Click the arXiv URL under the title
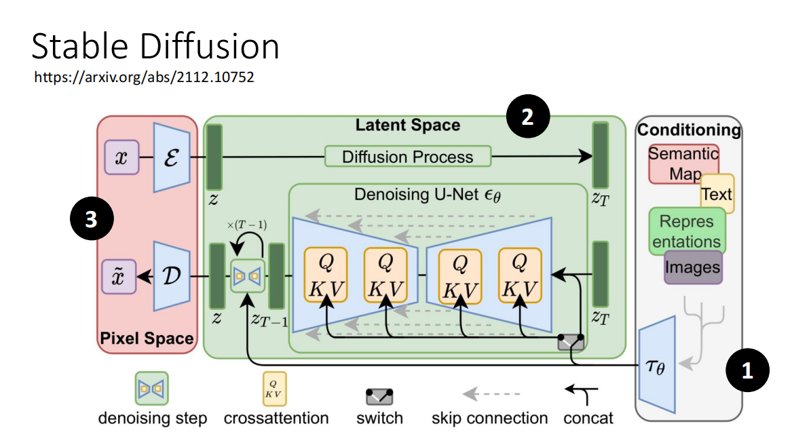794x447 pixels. coord(144,77)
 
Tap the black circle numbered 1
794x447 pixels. coord(747,371)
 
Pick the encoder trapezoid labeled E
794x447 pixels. coord(171,157)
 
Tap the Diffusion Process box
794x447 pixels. coord(407,157)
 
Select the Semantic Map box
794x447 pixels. coord(682,162)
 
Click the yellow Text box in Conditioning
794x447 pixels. coord(717,195)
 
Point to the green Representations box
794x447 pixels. coord(685,231)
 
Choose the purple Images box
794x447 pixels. coord(692,267)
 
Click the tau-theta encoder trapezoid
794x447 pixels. coord(657,365)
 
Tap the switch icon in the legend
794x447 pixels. coord(379,396)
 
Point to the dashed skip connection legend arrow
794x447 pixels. coord(490,393)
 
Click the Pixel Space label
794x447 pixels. coord(147,338)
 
